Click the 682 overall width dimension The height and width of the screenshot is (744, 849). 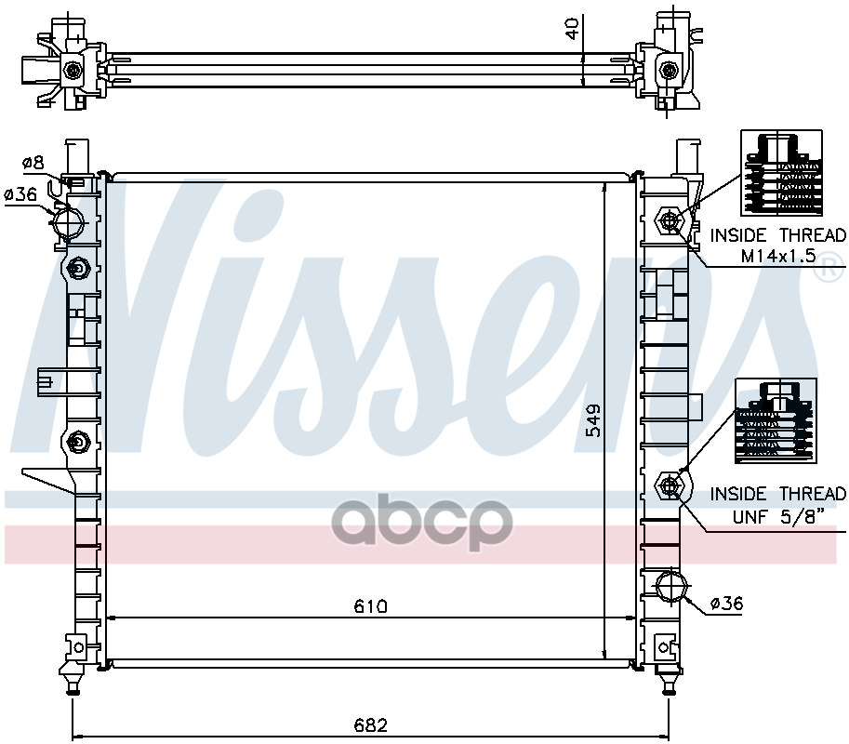[370, 724]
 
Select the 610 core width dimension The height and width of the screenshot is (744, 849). [370, 606]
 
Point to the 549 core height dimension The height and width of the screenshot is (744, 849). [594, 420]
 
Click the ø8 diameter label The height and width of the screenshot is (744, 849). [33, 164]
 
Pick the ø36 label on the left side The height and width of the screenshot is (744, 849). [20, 195]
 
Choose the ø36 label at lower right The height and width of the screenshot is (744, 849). [726, 604]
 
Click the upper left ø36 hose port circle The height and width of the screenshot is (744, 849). [68, 221]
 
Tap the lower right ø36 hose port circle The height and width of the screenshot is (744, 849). [671, 589]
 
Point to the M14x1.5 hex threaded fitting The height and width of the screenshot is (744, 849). [670, 221]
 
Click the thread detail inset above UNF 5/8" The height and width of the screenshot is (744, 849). [776, 421]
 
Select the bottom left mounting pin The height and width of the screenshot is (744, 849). [73, 686]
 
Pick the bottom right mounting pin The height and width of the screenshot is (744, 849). [667, 686]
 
